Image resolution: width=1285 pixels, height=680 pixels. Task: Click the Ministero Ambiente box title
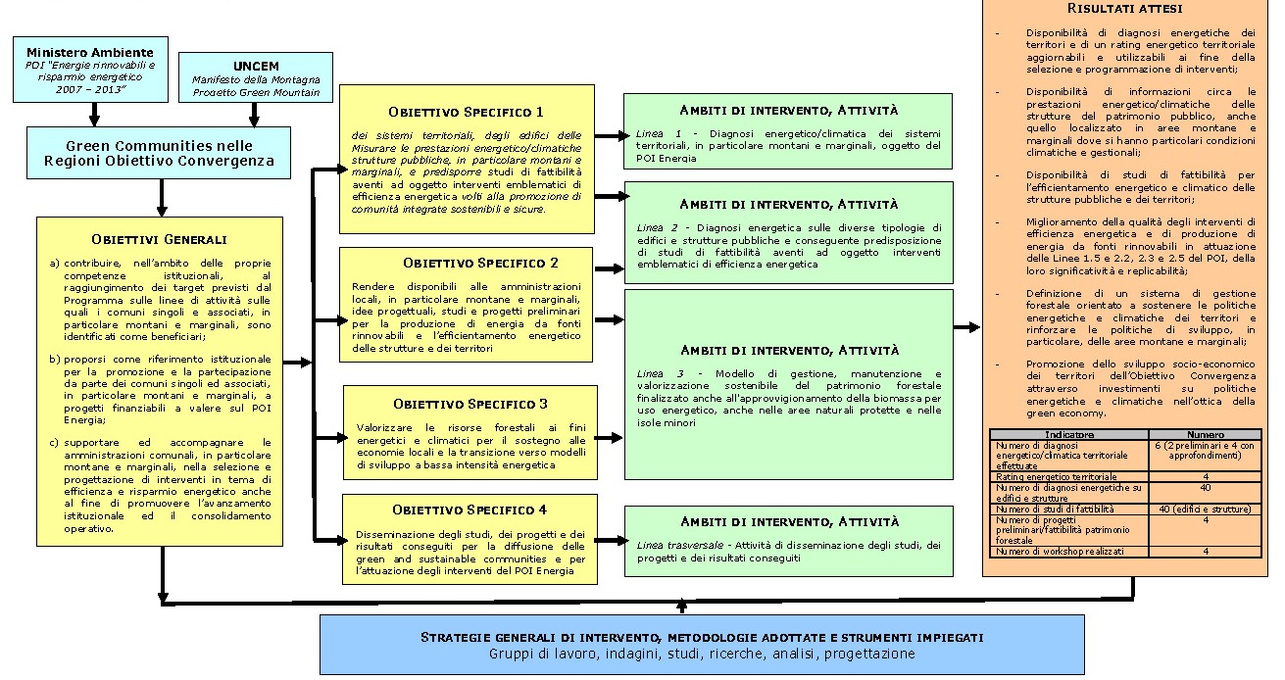point(90,51)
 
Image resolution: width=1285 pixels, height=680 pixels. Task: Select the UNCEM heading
point(256,66)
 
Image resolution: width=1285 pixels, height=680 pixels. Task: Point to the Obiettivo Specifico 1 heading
point(466,112)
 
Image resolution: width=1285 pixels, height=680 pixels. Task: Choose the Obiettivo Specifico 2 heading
point(466,264)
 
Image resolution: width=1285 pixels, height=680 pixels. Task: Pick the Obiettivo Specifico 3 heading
point(470,404)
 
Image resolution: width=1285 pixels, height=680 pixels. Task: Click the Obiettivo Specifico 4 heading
point(470,510)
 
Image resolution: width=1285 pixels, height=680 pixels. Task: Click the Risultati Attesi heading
point(1124,8)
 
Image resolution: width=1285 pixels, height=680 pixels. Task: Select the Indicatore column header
point(1068,433)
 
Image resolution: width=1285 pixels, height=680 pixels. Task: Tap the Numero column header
point(1205,433)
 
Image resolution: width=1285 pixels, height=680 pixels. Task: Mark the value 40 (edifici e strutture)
point(1205,510)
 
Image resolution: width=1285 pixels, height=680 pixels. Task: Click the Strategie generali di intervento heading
point(702,638)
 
